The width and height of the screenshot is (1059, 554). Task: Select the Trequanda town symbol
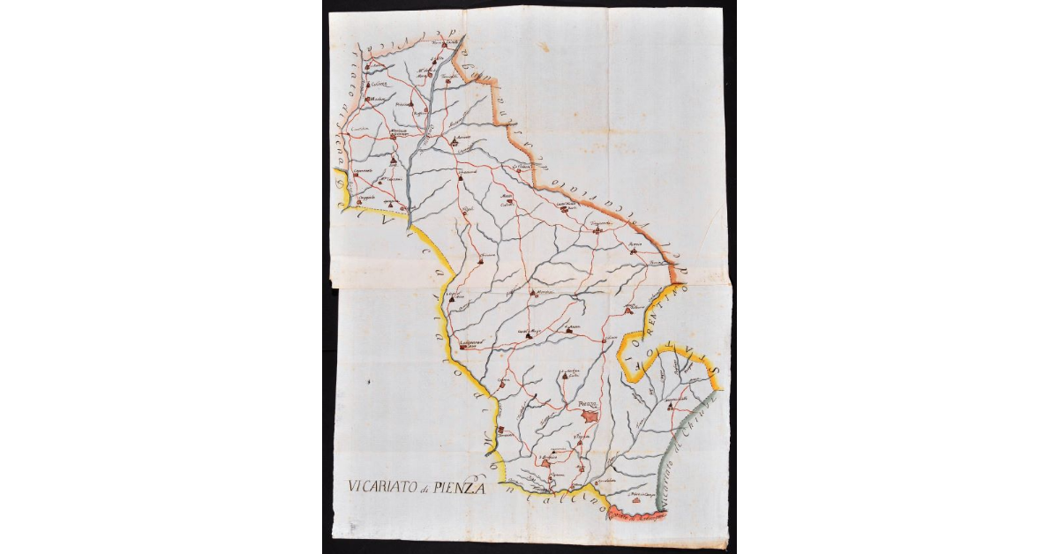click(x=597, y=229)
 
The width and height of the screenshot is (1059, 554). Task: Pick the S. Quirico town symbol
click(x=501, y=430)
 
